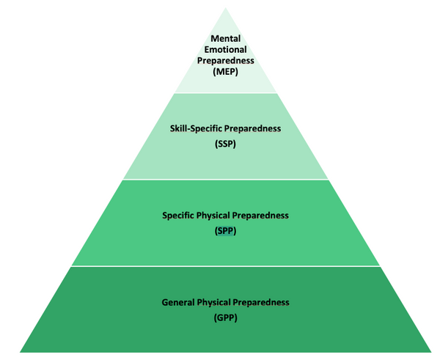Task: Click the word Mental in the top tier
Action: click(226, 38)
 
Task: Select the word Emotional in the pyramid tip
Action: click(226, 50)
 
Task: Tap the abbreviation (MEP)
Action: click(226, 72)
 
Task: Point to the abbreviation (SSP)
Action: click(226, 144)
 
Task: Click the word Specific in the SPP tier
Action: click(178, 216)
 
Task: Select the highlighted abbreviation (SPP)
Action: click(226, 231)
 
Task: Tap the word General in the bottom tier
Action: click(178, 303)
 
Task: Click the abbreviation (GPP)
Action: click(226, 318)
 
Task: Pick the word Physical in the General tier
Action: click(213, 303)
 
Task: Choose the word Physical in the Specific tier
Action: click(213, 216)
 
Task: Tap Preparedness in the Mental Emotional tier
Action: click(226, 61)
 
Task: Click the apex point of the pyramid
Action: click(226, 7)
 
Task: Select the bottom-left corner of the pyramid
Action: click(20, 353)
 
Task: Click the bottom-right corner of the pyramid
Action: click(432, 353)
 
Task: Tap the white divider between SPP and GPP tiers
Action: click(226, 266)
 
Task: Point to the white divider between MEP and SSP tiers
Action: click(226, 93)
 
